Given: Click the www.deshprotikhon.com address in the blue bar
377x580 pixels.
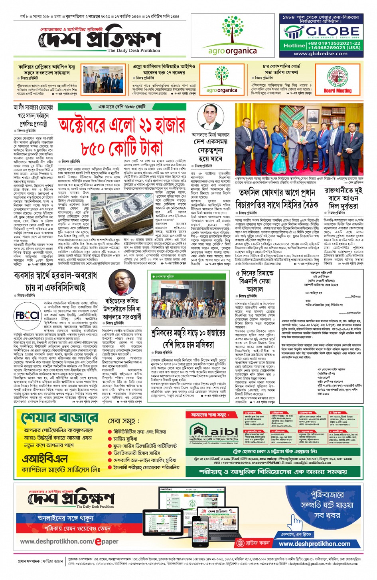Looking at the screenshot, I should point(314,544).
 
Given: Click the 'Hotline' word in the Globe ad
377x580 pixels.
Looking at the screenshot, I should point(294,46).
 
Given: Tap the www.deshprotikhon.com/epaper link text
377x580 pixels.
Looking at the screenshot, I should point(69,541).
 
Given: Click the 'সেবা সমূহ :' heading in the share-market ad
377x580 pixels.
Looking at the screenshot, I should point(124,421).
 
